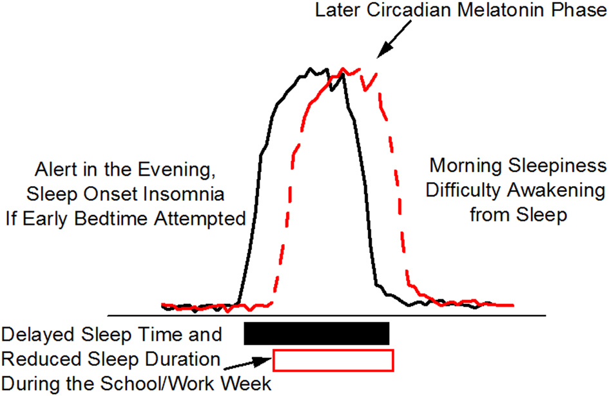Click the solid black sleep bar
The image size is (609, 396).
tap(316, 334)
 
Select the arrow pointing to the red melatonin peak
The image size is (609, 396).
tap(392, 45)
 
